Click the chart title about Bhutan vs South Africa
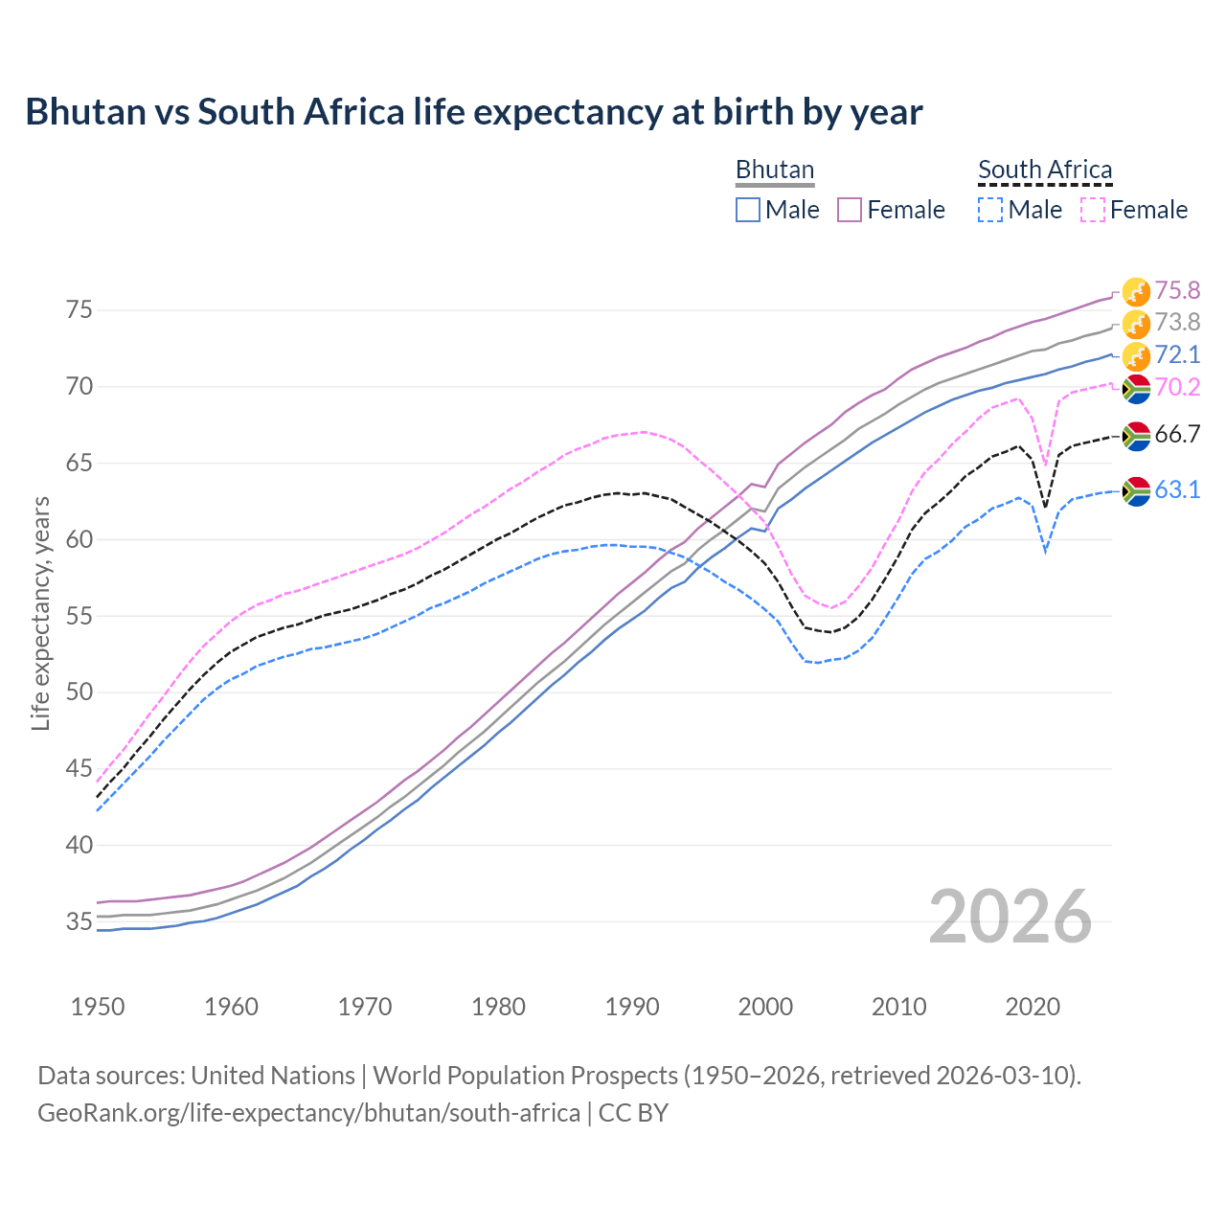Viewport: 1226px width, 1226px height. click(473, 112)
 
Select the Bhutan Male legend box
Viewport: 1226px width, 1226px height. click(748, 210)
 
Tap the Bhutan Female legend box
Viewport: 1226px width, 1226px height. click(850, 210)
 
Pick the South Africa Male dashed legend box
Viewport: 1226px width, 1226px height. click(990, 210)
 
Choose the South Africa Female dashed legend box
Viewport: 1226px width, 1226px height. click(1093, 210)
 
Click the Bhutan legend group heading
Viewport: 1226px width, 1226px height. click(775, 170)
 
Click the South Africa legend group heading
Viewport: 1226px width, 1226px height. click(1045, 170)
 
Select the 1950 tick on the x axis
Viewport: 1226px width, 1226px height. click(98, 1007)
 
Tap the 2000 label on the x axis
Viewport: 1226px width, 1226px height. click(765, 1007)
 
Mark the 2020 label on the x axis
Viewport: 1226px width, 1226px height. click(1033, 1007)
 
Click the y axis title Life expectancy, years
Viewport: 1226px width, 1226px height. click(40, 613)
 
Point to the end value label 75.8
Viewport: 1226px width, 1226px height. click(1177, 290)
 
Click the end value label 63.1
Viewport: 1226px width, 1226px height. click(1177, 490)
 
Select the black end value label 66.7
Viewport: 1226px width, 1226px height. click(1177, 435)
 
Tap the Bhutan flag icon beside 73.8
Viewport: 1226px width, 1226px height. click(1136, 324)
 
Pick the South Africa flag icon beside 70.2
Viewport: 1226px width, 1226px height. click(1136, 388)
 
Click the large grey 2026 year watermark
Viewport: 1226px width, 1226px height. click(1010, 917)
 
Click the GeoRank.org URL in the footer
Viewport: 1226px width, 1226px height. click(308, 1113)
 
